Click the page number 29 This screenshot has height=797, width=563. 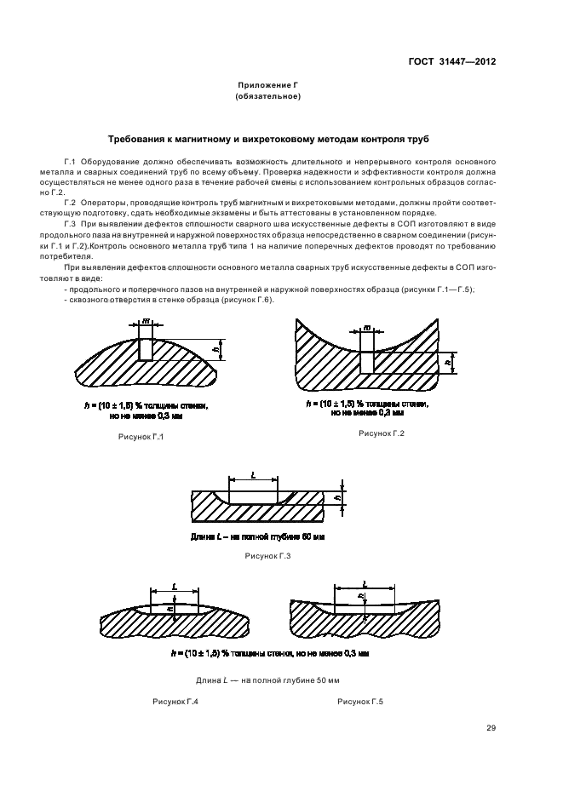[x=491, y=727]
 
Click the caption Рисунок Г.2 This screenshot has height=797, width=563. [x=381, y=433]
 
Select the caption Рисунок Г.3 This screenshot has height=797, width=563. [x=267, y=555]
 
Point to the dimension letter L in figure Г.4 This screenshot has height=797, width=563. [x=174, y=587]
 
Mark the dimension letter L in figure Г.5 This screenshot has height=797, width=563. [x=364, y=583]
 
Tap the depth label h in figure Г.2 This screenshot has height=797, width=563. [x=446, y=362]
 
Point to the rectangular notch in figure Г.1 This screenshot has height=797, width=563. [x=146, y=348]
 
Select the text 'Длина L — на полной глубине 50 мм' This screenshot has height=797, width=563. [x=267, y=680]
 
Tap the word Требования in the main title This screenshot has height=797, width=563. [x=139, y=138]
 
